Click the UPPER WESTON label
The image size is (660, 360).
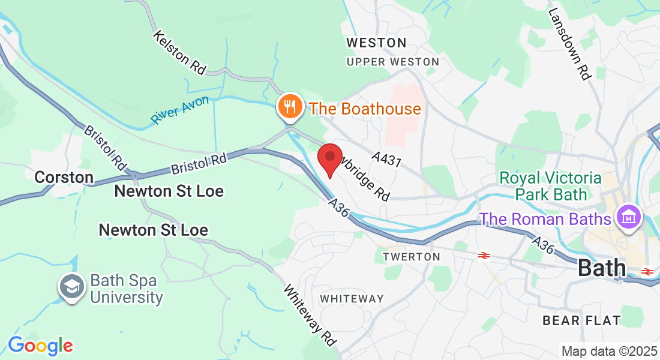tap(393, 62)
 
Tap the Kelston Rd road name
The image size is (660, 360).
tap(179, 52)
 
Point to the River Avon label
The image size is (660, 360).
tap(180, 110)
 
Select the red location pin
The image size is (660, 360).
tap(329, 159)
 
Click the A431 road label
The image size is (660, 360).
tap(386, 160)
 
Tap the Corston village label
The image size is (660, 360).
tap(64, 177)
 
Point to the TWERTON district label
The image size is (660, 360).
tap(412, 256)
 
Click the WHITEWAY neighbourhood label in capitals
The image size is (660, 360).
tap(352, 299)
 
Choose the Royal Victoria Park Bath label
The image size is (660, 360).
tap(550, 186)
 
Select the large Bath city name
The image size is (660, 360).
tap(602, 268)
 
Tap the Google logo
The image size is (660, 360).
tap(40, 346)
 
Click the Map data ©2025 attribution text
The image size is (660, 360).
tap(609, 351)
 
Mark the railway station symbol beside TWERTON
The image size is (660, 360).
tap(484, 256)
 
